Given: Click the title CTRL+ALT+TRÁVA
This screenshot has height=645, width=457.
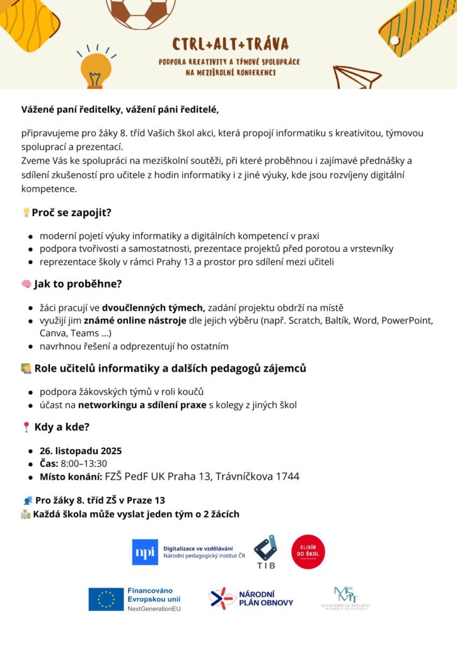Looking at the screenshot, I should click(x=230, y=44).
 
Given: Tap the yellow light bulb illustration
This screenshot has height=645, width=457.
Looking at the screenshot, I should click(x=96, y=67).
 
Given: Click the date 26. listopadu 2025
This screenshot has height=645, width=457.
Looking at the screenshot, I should click(x=81, y=451).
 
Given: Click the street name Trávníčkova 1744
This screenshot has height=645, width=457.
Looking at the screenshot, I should click(x=257, y=476).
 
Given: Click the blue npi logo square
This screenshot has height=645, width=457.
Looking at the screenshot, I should click(x=145, y=552).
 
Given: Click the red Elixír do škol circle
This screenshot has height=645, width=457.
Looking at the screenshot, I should click(x=308, y=552).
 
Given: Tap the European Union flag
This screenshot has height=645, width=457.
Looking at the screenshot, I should click(x=106, y=599).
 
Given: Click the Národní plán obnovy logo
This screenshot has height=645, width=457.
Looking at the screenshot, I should click(x=252, y=598).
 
